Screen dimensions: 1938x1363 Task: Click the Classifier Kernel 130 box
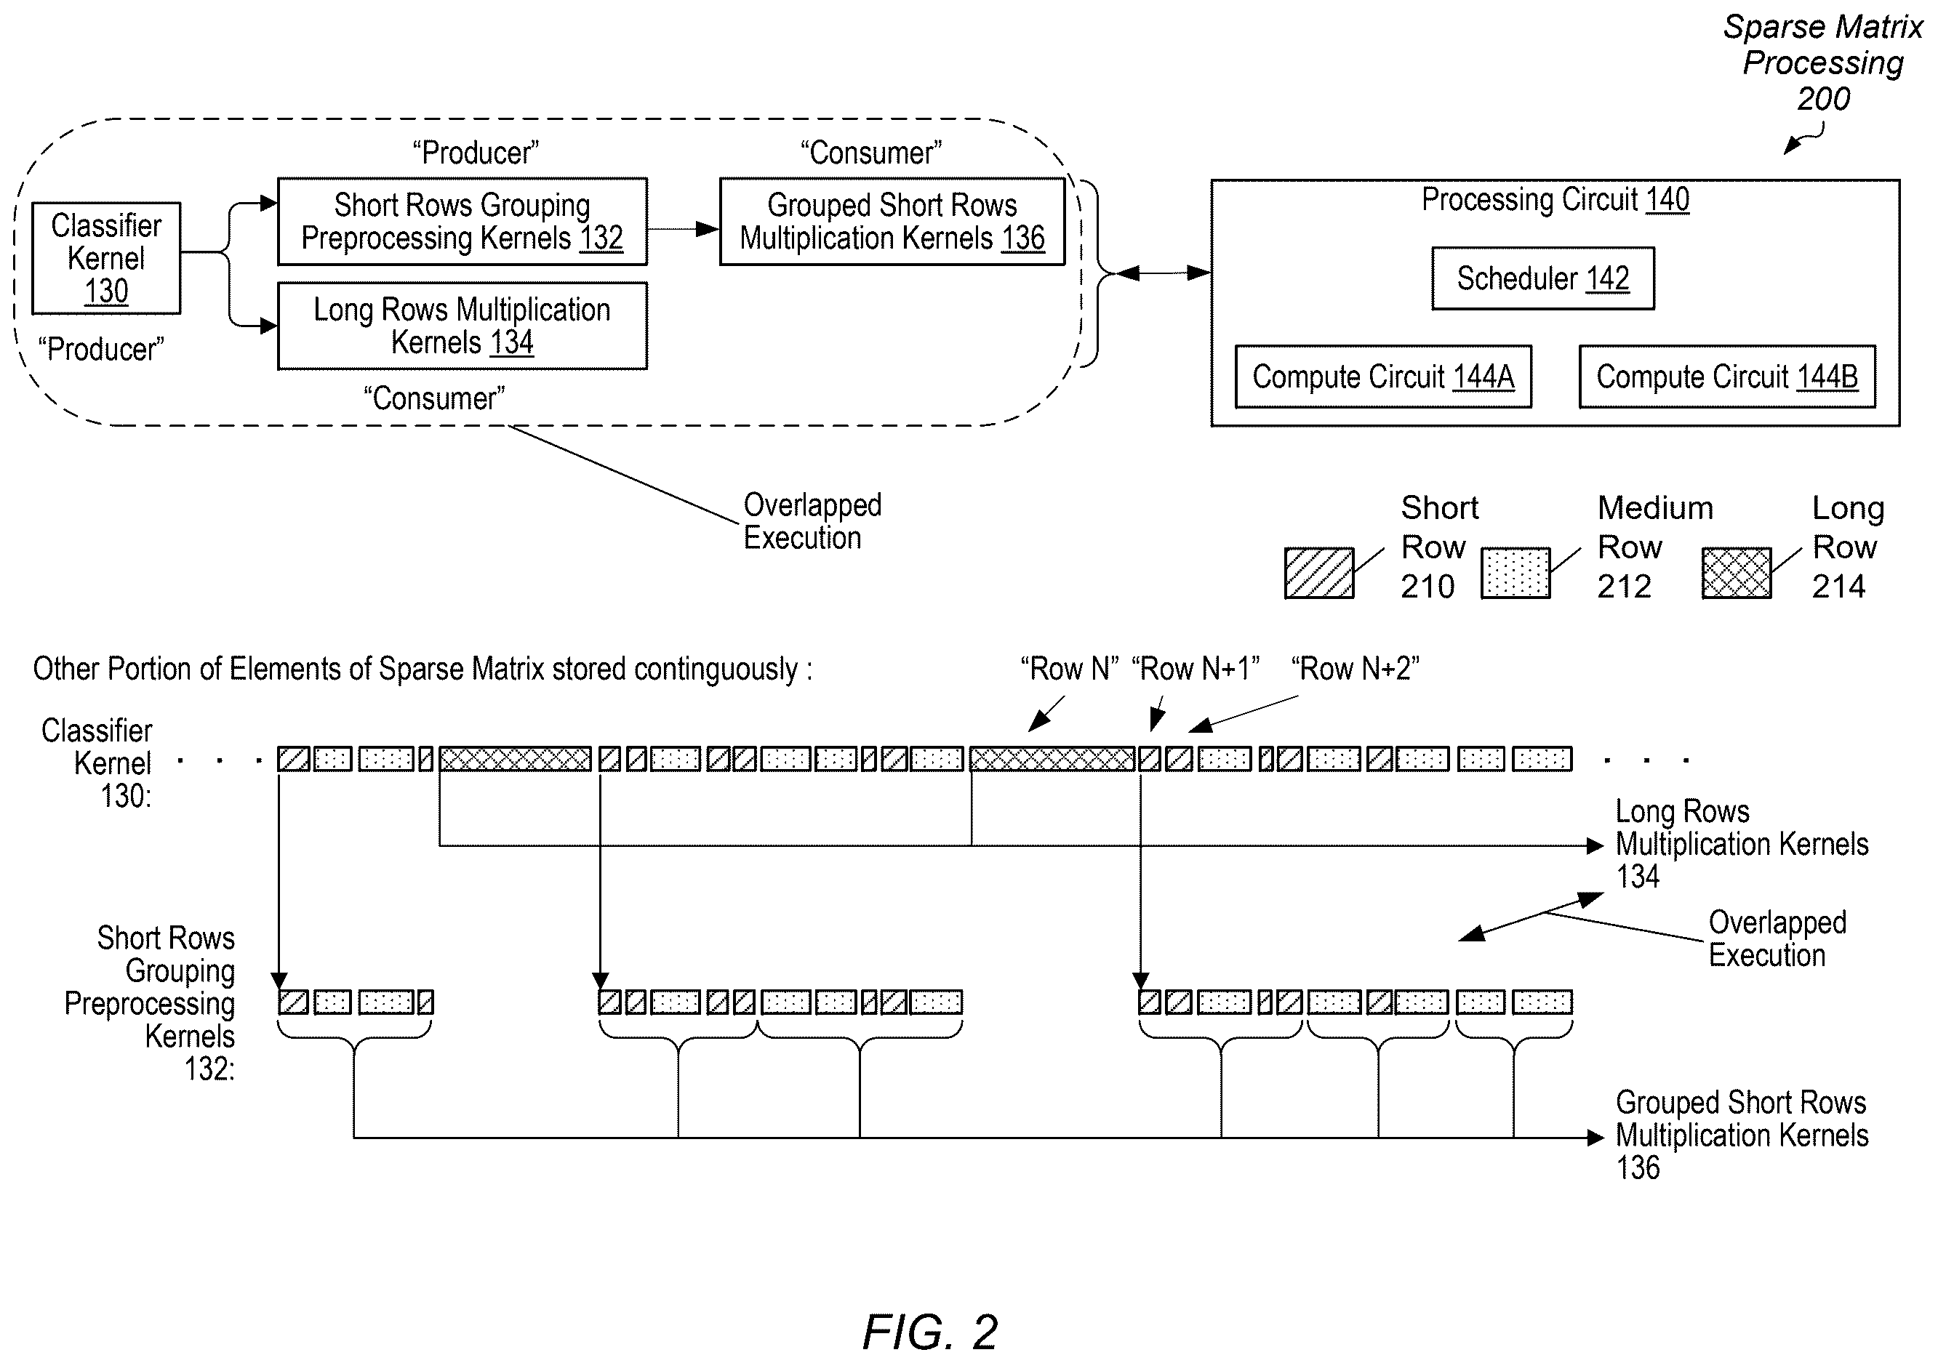[x=106, y=258]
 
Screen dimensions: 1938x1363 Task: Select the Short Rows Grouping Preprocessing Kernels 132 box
[x=463, y=222]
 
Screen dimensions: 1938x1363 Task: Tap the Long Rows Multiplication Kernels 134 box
[x=463, y=326]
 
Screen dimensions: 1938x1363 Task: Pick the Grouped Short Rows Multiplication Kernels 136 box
[x=892, y=222]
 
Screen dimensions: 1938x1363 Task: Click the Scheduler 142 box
[x=1543, y=278]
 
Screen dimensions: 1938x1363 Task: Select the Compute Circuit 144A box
[x=1383, y=377]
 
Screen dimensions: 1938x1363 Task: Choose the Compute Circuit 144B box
[x=1727, y=377]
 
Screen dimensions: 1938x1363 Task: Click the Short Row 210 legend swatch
[x=1319, y=573]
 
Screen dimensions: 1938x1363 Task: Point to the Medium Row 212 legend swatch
[x=1516, y=573]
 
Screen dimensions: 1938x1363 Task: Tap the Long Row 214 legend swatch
[x=1737, y=573]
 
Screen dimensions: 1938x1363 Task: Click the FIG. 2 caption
[x=930, y=1332]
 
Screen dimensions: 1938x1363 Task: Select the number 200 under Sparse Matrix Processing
[x=1823, y=99]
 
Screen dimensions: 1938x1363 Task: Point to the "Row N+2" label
[x=1356, y=669]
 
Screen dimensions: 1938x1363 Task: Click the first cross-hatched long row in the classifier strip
[x=515, y=760]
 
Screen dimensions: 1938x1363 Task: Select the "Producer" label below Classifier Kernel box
[x=101, y=350]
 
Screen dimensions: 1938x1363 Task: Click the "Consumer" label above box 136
[x=871, y=153]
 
